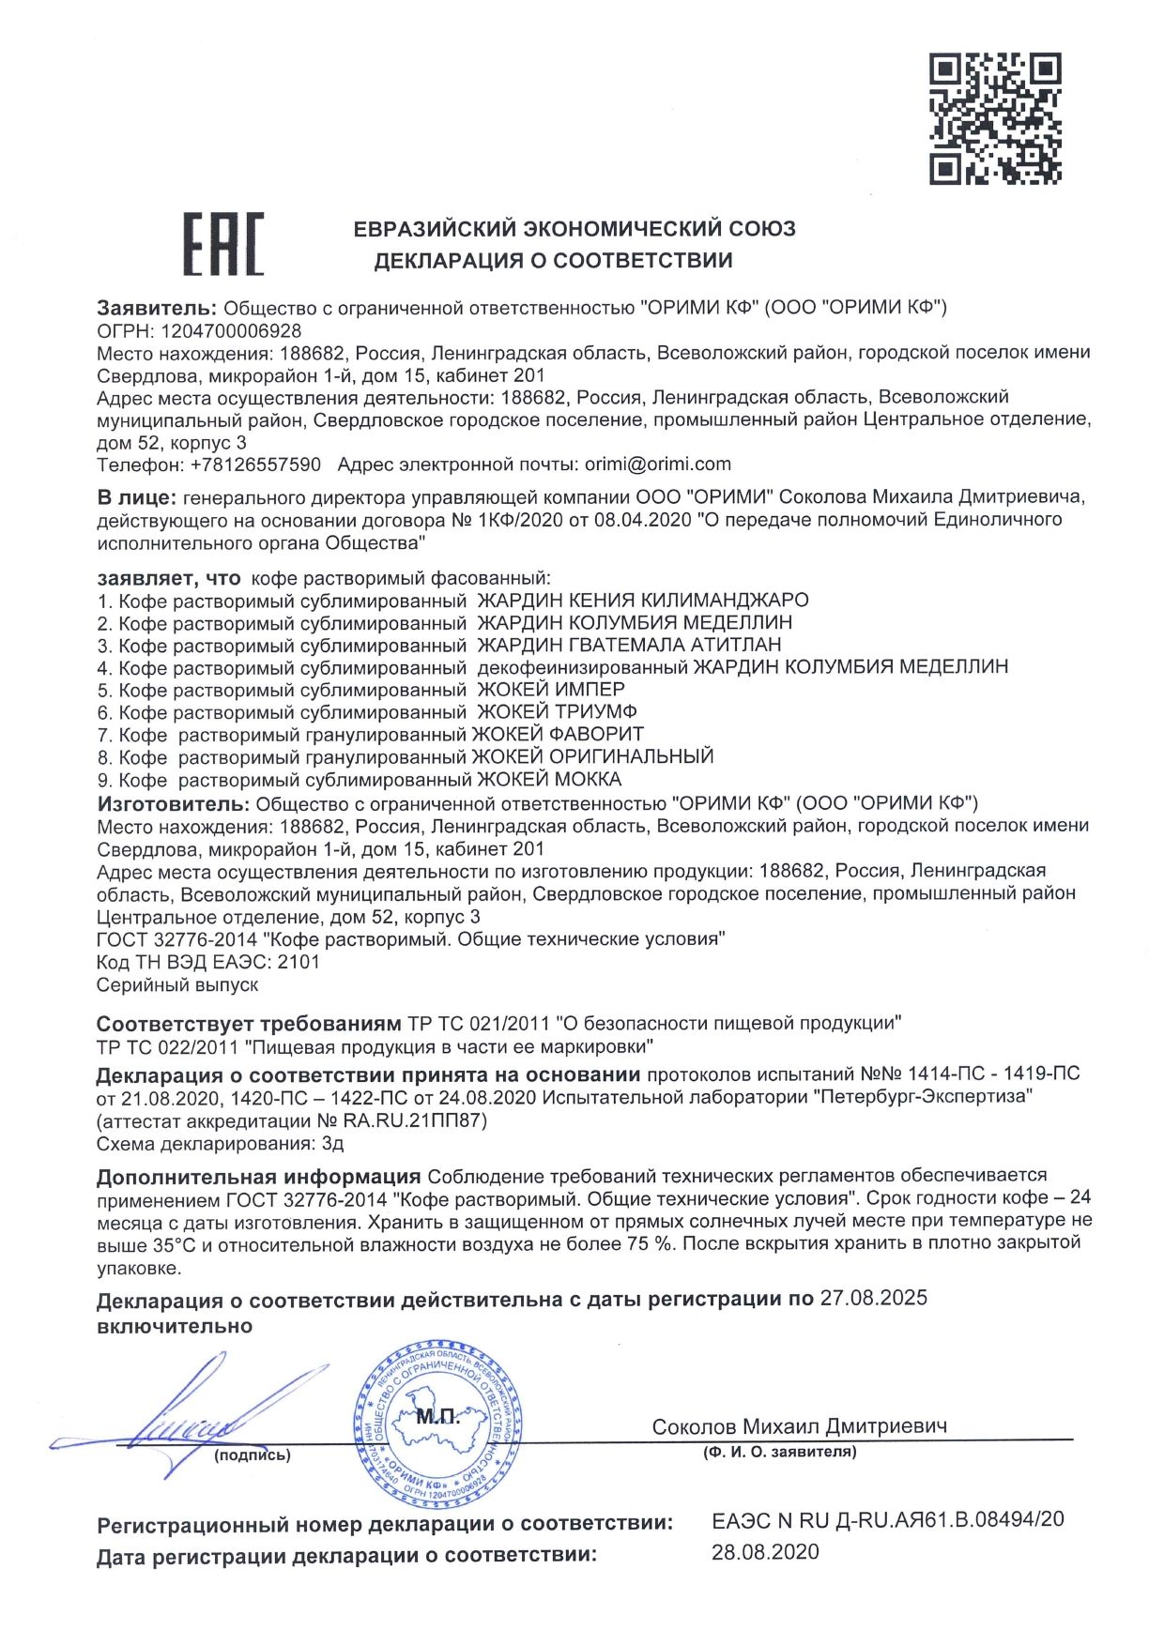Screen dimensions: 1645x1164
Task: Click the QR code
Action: pos(995,118)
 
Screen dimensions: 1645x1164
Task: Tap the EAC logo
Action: pos(222,244)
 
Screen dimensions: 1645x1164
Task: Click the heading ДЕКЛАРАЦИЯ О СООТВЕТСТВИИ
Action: pos(553,261)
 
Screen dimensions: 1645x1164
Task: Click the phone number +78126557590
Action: pos(255,465)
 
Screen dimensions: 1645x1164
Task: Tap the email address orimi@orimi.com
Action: pos(657,465)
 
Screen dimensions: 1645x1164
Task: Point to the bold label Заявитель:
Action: pos(157,308)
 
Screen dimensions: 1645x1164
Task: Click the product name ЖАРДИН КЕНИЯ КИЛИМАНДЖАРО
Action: pos(643,601)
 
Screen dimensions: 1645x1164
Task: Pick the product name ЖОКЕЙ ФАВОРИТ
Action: pos(558,735)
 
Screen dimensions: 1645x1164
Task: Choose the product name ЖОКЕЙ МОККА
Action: pos(549,780)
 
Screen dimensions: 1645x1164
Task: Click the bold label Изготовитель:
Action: pos(172,803)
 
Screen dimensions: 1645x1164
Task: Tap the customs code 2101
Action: pos(299,962)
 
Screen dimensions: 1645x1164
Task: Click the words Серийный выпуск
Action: pos(177,985)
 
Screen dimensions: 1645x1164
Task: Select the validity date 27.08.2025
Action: pos(873,1299)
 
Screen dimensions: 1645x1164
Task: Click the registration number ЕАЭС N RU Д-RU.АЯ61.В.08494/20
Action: pos(888,1519)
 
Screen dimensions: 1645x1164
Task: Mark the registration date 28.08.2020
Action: pos(765,1552)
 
